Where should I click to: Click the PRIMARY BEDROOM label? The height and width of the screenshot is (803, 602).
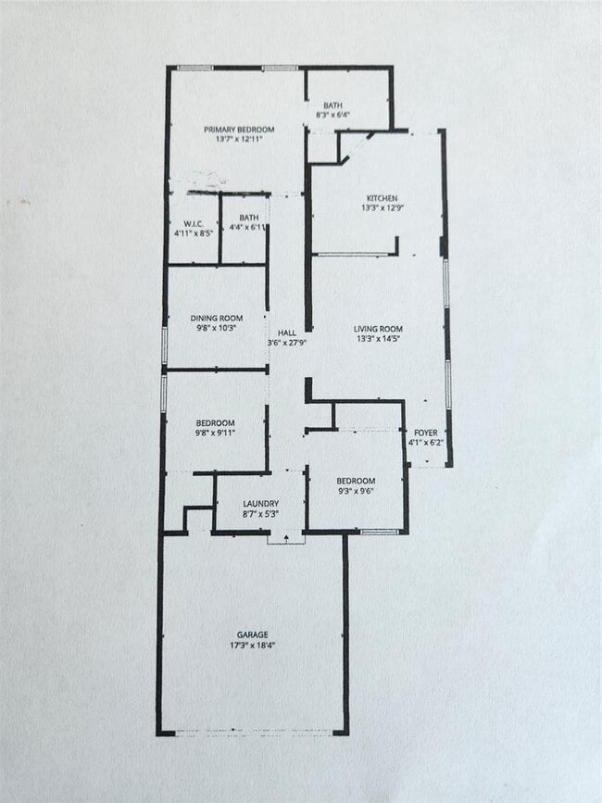(239, 129)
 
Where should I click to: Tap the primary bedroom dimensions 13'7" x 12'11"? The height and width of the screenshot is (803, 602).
(239, 140)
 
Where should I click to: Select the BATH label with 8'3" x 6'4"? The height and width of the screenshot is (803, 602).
(332, 105)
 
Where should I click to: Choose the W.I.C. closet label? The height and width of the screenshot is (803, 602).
(194, 223)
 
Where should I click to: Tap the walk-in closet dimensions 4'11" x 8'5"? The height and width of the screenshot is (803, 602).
(194, 233)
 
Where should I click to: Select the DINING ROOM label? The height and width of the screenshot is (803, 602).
(217, 317)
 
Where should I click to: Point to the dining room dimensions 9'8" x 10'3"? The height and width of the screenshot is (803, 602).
(217, 328)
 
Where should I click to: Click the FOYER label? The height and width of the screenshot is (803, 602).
(426, 432)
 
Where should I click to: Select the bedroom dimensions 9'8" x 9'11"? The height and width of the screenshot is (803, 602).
(215, 433)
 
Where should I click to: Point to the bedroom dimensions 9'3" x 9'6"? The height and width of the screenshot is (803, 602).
(356, 492)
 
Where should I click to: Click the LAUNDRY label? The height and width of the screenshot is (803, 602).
(260, 504)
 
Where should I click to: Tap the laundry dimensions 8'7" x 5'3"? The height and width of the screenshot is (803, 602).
(260, 514)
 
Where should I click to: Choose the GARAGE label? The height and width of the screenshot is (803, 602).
(252, 634)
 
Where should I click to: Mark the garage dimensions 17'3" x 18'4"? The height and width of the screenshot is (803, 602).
(252, 646)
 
